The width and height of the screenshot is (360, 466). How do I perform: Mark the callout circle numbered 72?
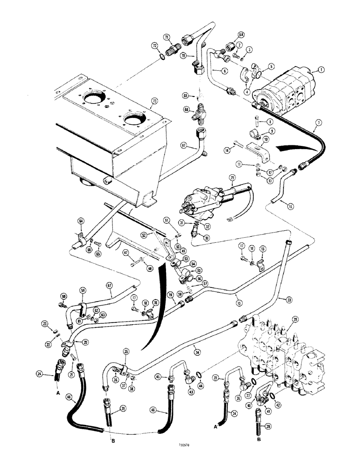(153, 45)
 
